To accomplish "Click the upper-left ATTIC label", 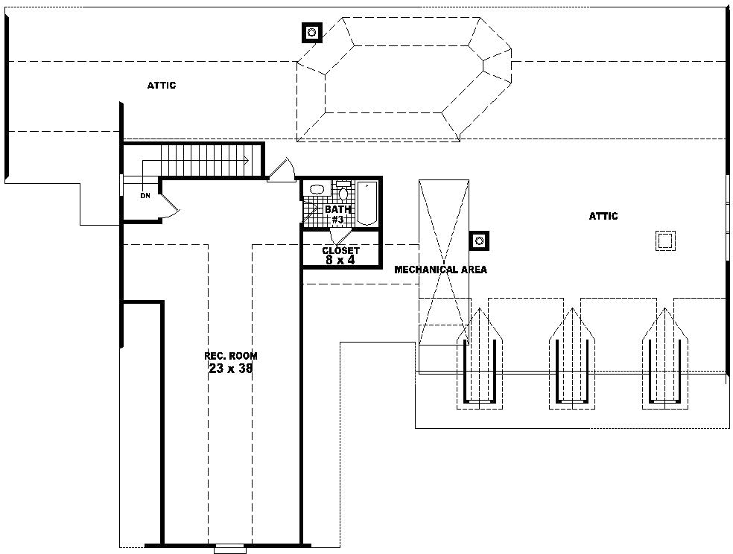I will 162,86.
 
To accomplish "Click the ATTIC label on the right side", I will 603,217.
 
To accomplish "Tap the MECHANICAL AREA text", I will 440,270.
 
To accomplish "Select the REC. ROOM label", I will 232,356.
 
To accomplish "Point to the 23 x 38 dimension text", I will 232,368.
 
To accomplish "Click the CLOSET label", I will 340,251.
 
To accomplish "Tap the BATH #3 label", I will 337,214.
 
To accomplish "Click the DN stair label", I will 145,196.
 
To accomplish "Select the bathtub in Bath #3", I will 367,203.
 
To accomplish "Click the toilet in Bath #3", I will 343,192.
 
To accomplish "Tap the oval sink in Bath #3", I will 317,189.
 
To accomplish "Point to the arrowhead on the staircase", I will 245,159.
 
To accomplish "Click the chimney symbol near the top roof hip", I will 311,32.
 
